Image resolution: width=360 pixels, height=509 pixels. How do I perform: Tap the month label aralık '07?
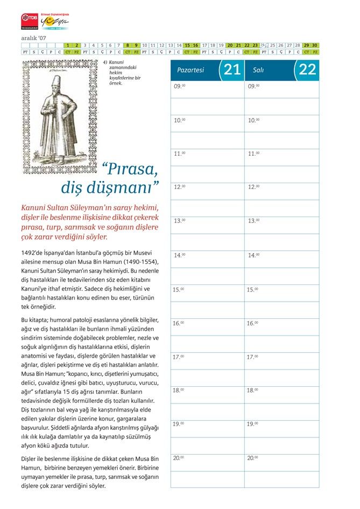pos(33,38)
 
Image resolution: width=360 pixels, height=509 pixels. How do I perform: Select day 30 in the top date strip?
pos(315,45)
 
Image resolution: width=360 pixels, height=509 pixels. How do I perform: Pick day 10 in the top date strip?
pos(145,45)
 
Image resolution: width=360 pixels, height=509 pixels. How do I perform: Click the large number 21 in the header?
pos(232,69)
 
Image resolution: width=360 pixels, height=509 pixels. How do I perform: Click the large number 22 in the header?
pos(307,69)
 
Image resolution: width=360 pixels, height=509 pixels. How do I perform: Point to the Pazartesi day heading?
pos(190,70)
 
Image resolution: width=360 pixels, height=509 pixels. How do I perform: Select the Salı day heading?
pos(258,70)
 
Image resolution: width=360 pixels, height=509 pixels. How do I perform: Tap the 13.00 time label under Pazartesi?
pos(179,221)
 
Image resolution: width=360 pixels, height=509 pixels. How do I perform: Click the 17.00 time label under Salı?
pos(253,357)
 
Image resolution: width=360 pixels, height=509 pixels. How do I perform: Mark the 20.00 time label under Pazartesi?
pos(179,458)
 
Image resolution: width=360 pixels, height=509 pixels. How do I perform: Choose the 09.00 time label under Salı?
pos(253,86)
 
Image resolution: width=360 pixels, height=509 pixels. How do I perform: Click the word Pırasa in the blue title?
pos(131,170)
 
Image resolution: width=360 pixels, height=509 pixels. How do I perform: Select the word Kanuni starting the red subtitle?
pos(36,208)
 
